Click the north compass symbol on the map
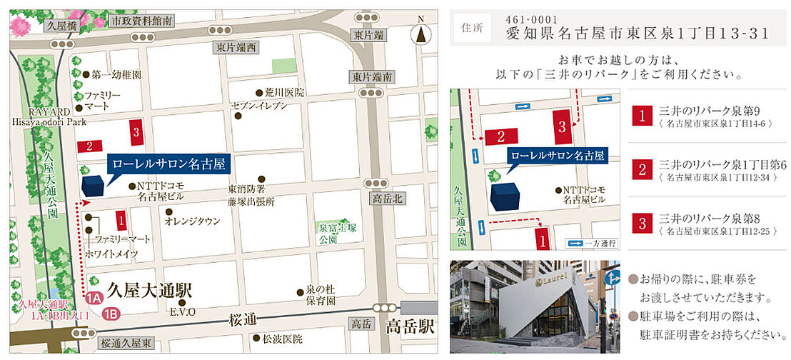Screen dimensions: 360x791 [x=420, y=32]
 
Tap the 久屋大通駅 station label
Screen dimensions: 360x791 [x=149, y=290]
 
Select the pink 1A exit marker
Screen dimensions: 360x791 [x=93, y=299]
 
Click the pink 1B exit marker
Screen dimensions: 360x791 [x=110, y=312]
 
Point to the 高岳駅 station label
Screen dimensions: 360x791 [x=409, y=327]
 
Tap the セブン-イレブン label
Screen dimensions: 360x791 [x=258, y=106]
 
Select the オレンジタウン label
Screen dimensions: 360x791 [x=191, y=221]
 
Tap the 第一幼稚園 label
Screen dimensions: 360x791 [x=115, y=74]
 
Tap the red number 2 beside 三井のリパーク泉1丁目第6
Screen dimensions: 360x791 [x=643, y=169]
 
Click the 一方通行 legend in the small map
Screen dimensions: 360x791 [x=592, y=244]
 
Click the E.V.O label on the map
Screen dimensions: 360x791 [x=178, y=311]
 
